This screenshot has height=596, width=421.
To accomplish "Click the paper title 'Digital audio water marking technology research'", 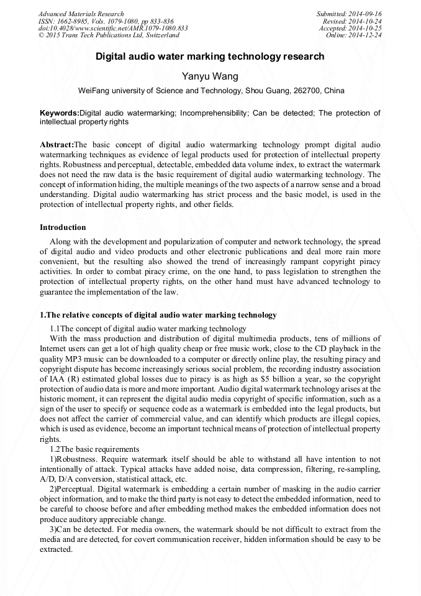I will (210, 57).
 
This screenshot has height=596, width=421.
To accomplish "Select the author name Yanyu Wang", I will (210, 76).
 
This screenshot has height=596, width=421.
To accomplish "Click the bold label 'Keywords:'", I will (60, 113).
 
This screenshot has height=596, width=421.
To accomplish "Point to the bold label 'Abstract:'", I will (57, 144).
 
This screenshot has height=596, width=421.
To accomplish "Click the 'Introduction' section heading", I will (63, 227).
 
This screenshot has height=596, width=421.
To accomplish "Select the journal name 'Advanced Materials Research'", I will (81, 14).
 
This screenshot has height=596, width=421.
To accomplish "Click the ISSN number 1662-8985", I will (73, 21).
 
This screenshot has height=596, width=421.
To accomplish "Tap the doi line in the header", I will (113, 28).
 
